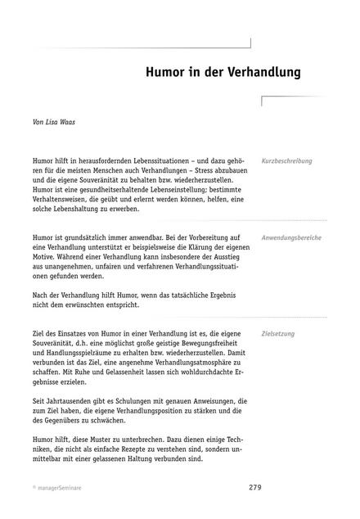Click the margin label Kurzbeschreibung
[x=286, y=161]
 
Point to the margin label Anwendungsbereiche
[x=291, y=237]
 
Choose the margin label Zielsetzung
[x=278, y=334]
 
